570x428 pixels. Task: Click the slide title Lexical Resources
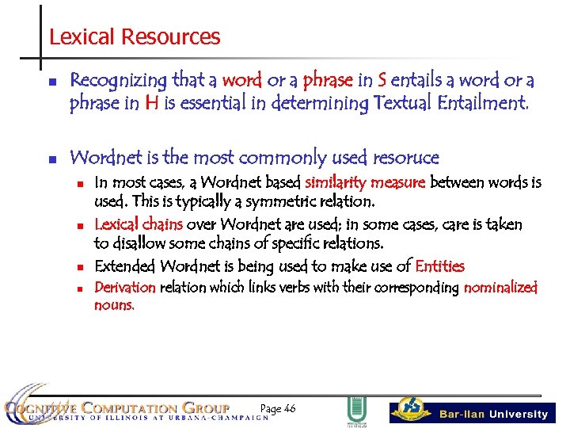(135, 36)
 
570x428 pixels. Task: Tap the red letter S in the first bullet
(382, 80)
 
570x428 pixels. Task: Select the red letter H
(153, 103)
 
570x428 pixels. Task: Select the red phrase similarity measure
(365, 183)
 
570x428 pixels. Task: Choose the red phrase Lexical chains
(139, 225)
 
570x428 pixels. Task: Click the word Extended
(125, 266)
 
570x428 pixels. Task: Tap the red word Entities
(439, 266)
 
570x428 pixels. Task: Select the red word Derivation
(125, 287)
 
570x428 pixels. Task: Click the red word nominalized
(500, 287)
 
